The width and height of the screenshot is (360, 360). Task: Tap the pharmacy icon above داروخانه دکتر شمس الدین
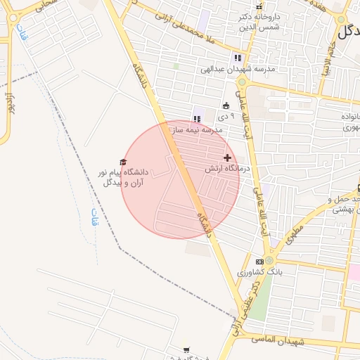pos(259,6)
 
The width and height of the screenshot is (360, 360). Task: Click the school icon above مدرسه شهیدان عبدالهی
pos(238,58)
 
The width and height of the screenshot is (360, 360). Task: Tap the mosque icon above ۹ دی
pos(226,105)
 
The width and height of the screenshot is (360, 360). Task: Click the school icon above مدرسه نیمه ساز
pos(196,118)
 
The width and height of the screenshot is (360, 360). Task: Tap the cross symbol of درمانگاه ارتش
pos(227,157)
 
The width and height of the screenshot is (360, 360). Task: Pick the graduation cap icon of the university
pos(123,162)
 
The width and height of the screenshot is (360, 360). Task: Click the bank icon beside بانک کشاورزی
pos(259,262)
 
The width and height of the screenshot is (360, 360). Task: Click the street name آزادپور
pos(9,98)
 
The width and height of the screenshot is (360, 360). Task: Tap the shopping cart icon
pos(186,349)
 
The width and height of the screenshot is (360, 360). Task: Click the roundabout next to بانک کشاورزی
pos(269,260)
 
